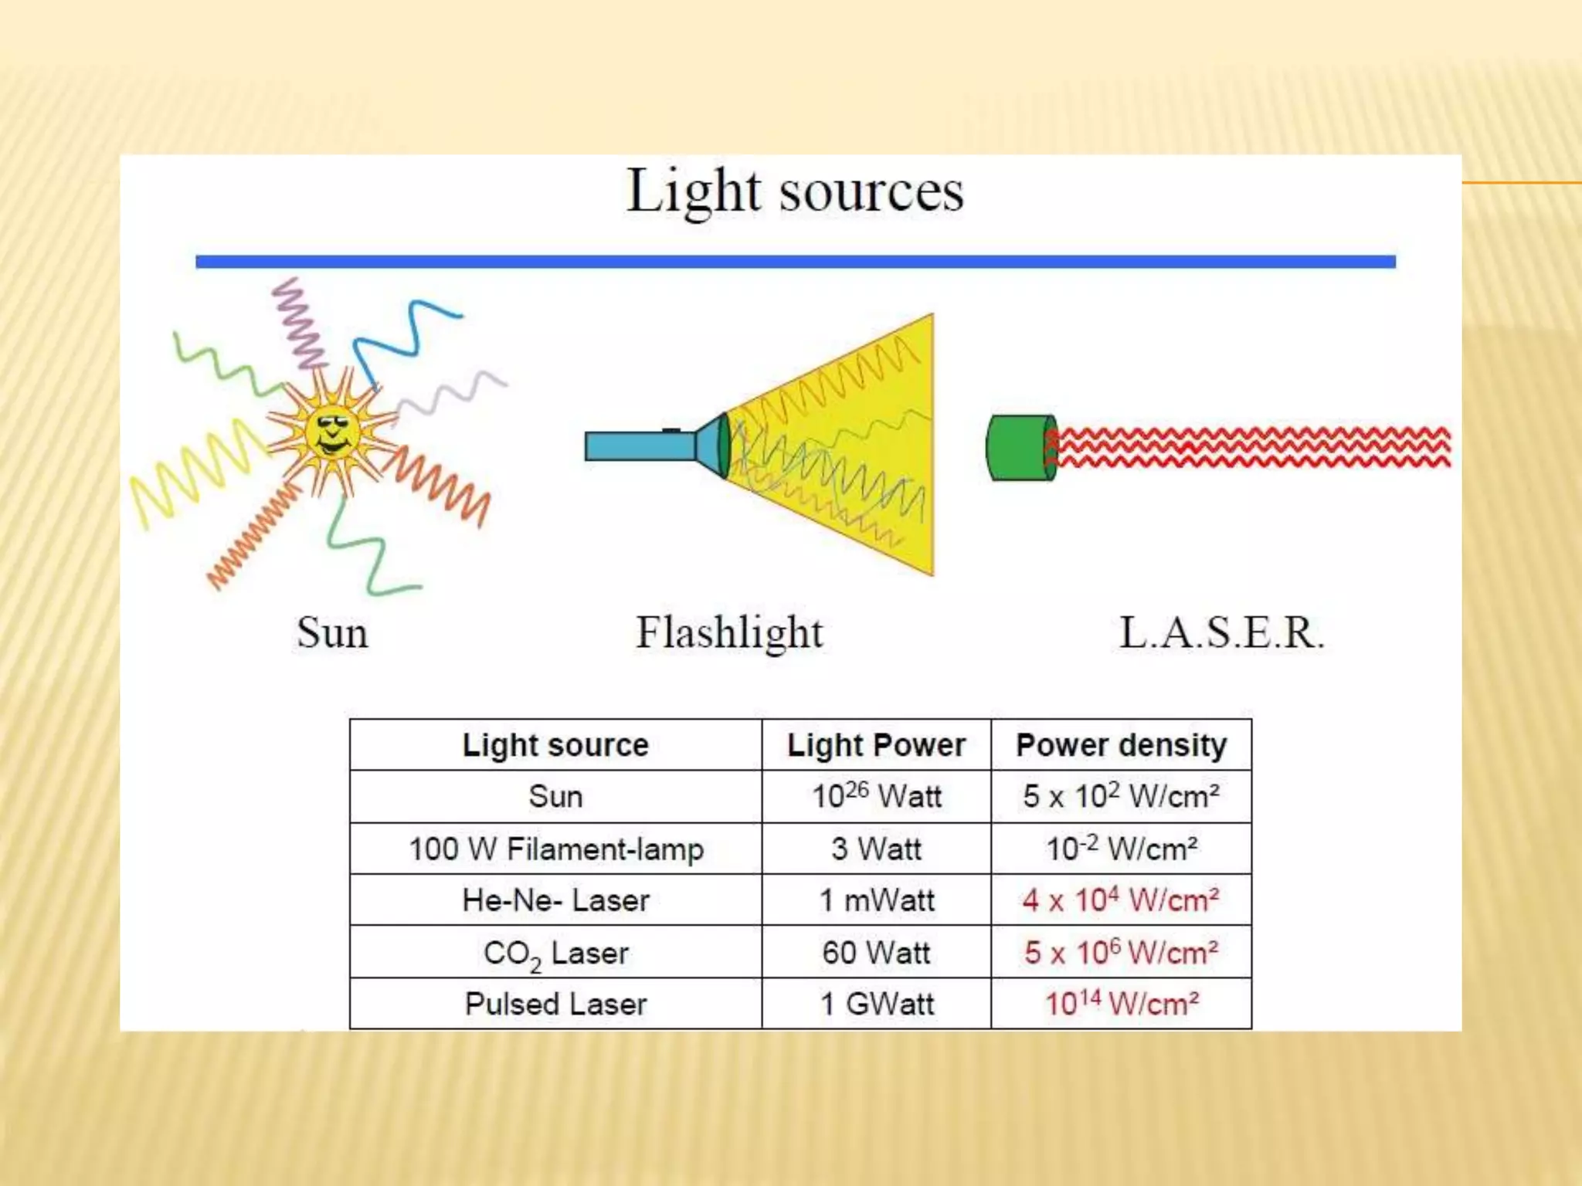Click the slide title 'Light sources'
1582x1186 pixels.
(x=795, y=191)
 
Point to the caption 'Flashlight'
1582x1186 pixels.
(x=729, y=633)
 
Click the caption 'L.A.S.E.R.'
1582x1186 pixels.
(x=1221, y=633)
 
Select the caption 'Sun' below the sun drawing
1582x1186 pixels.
(x=332, y=633)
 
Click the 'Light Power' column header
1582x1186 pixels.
(x=876, y=745)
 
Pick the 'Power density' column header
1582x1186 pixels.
(x=1121, y=745)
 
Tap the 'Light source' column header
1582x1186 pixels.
(x=555, y=745)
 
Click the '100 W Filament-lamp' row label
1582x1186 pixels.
(x=555, y=849)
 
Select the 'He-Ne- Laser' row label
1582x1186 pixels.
(x=555, y=900)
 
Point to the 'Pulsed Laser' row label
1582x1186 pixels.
(x=555, y=1004)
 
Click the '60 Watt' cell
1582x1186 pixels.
(x=876, y=952)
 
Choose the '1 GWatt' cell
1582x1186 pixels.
(x=876, y=1004)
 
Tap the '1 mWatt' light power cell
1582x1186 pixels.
(x=876, y=900)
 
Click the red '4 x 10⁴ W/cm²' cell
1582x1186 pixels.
(x=1121, y=900)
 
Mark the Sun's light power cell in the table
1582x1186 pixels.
(x=876, y=796)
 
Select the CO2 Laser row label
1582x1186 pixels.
(x=555, y=954)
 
